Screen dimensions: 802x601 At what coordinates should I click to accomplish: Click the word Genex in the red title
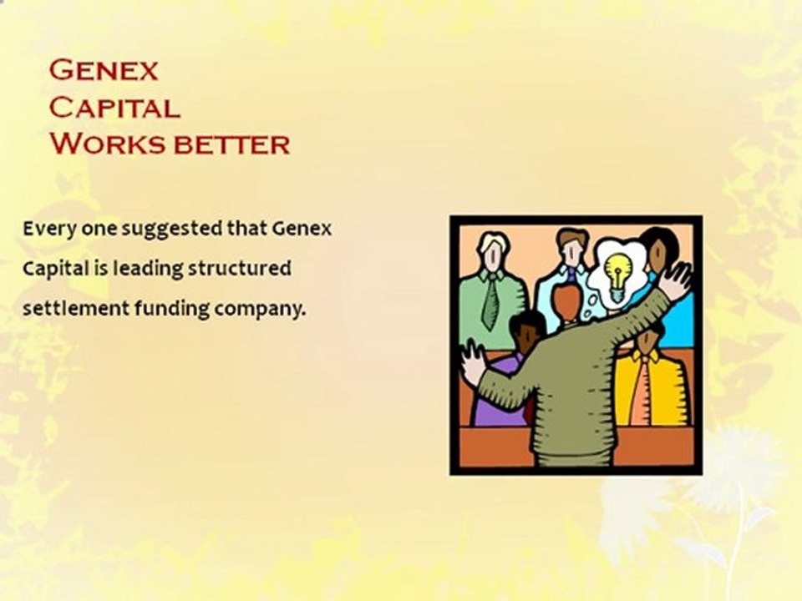tap(104, 70)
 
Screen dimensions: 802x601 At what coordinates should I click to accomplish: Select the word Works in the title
tap(109, 144)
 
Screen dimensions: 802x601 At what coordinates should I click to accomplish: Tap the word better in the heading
tap(232, 144)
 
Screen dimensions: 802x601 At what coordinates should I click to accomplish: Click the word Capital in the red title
tap(115, 107)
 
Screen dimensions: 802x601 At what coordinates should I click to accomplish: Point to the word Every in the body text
tap(49, 229)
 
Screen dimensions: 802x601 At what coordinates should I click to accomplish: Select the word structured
tap(240, 268)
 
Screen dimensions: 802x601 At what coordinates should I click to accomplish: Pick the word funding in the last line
tap(172, 309)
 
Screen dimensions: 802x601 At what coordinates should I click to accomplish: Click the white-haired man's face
tap(493, 255)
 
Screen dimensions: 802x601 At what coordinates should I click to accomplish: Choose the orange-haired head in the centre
tap(566, 302)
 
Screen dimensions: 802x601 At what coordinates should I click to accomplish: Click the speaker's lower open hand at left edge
tap(474, 363)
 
